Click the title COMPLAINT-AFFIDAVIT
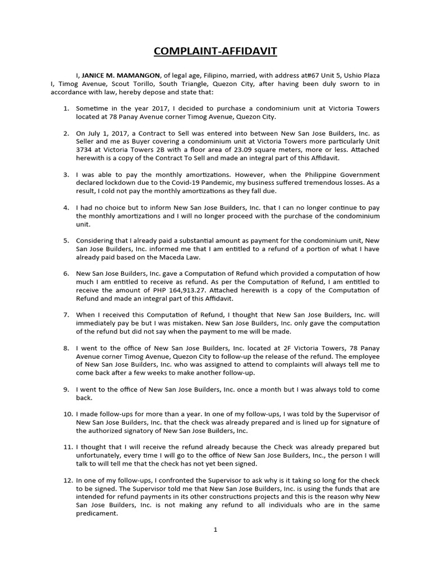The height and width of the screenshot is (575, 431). (215, 52)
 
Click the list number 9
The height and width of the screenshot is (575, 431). (66, 389)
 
